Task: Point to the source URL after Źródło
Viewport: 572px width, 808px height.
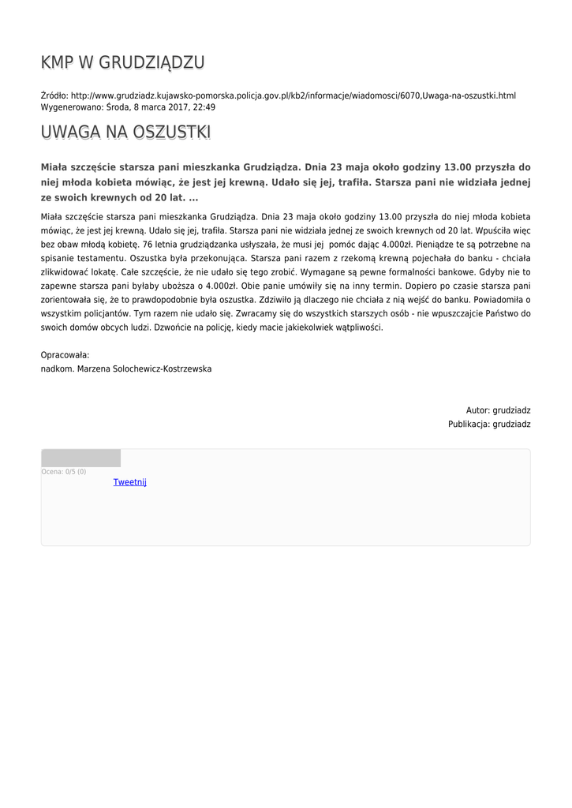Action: point(293,95)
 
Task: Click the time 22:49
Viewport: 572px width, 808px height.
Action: point(204,107)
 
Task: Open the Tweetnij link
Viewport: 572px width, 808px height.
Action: point(129,482)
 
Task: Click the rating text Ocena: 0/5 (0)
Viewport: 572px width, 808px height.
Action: point(64,472)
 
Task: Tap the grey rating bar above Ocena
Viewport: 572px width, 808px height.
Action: point(80,458)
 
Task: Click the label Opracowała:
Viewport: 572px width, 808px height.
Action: point(65,355)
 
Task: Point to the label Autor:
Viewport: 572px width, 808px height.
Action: point(477,410)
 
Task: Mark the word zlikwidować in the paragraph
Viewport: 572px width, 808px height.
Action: point(62,272)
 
